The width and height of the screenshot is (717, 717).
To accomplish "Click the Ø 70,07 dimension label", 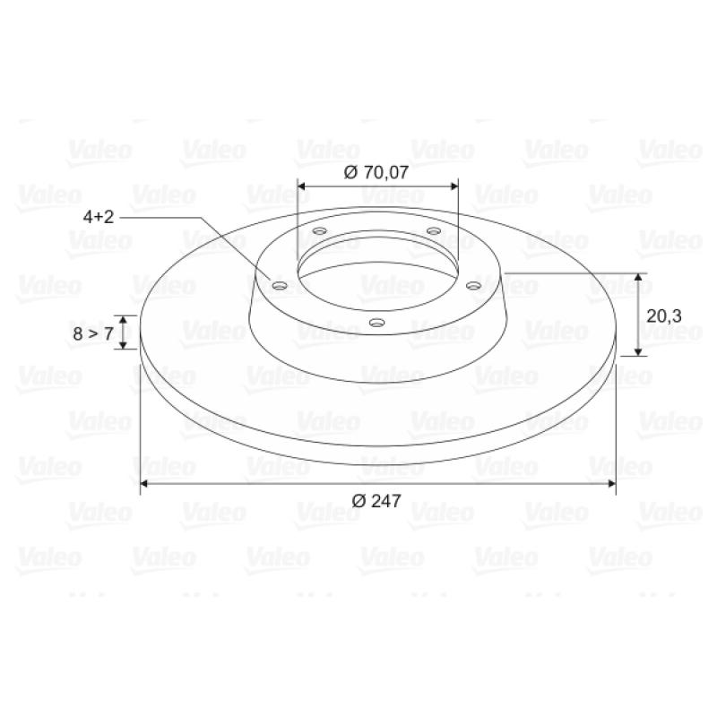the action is coord(376,172).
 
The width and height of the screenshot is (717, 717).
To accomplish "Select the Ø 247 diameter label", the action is coord(376,501).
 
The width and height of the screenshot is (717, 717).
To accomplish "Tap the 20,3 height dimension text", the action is coord(664,315).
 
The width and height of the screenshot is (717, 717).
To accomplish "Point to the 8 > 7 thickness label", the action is coord(93,333).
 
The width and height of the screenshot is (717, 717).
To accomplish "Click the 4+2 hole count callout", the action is coord(99,216).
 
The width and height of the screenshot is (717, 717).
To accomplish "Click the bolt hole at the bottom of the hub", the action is coord(376,323).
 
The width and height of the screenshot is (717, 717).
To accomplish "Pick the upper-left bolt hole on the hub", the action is coord(320,230).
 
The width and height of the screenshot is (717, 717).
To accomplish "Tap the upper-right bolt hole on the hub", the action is coord(434,230).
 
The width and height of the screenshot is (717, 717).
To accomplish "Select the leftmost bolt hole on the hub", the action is coord(280,286).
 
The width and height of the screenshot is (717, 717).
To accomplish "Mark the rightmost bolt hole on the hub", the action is coord(473,286).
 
